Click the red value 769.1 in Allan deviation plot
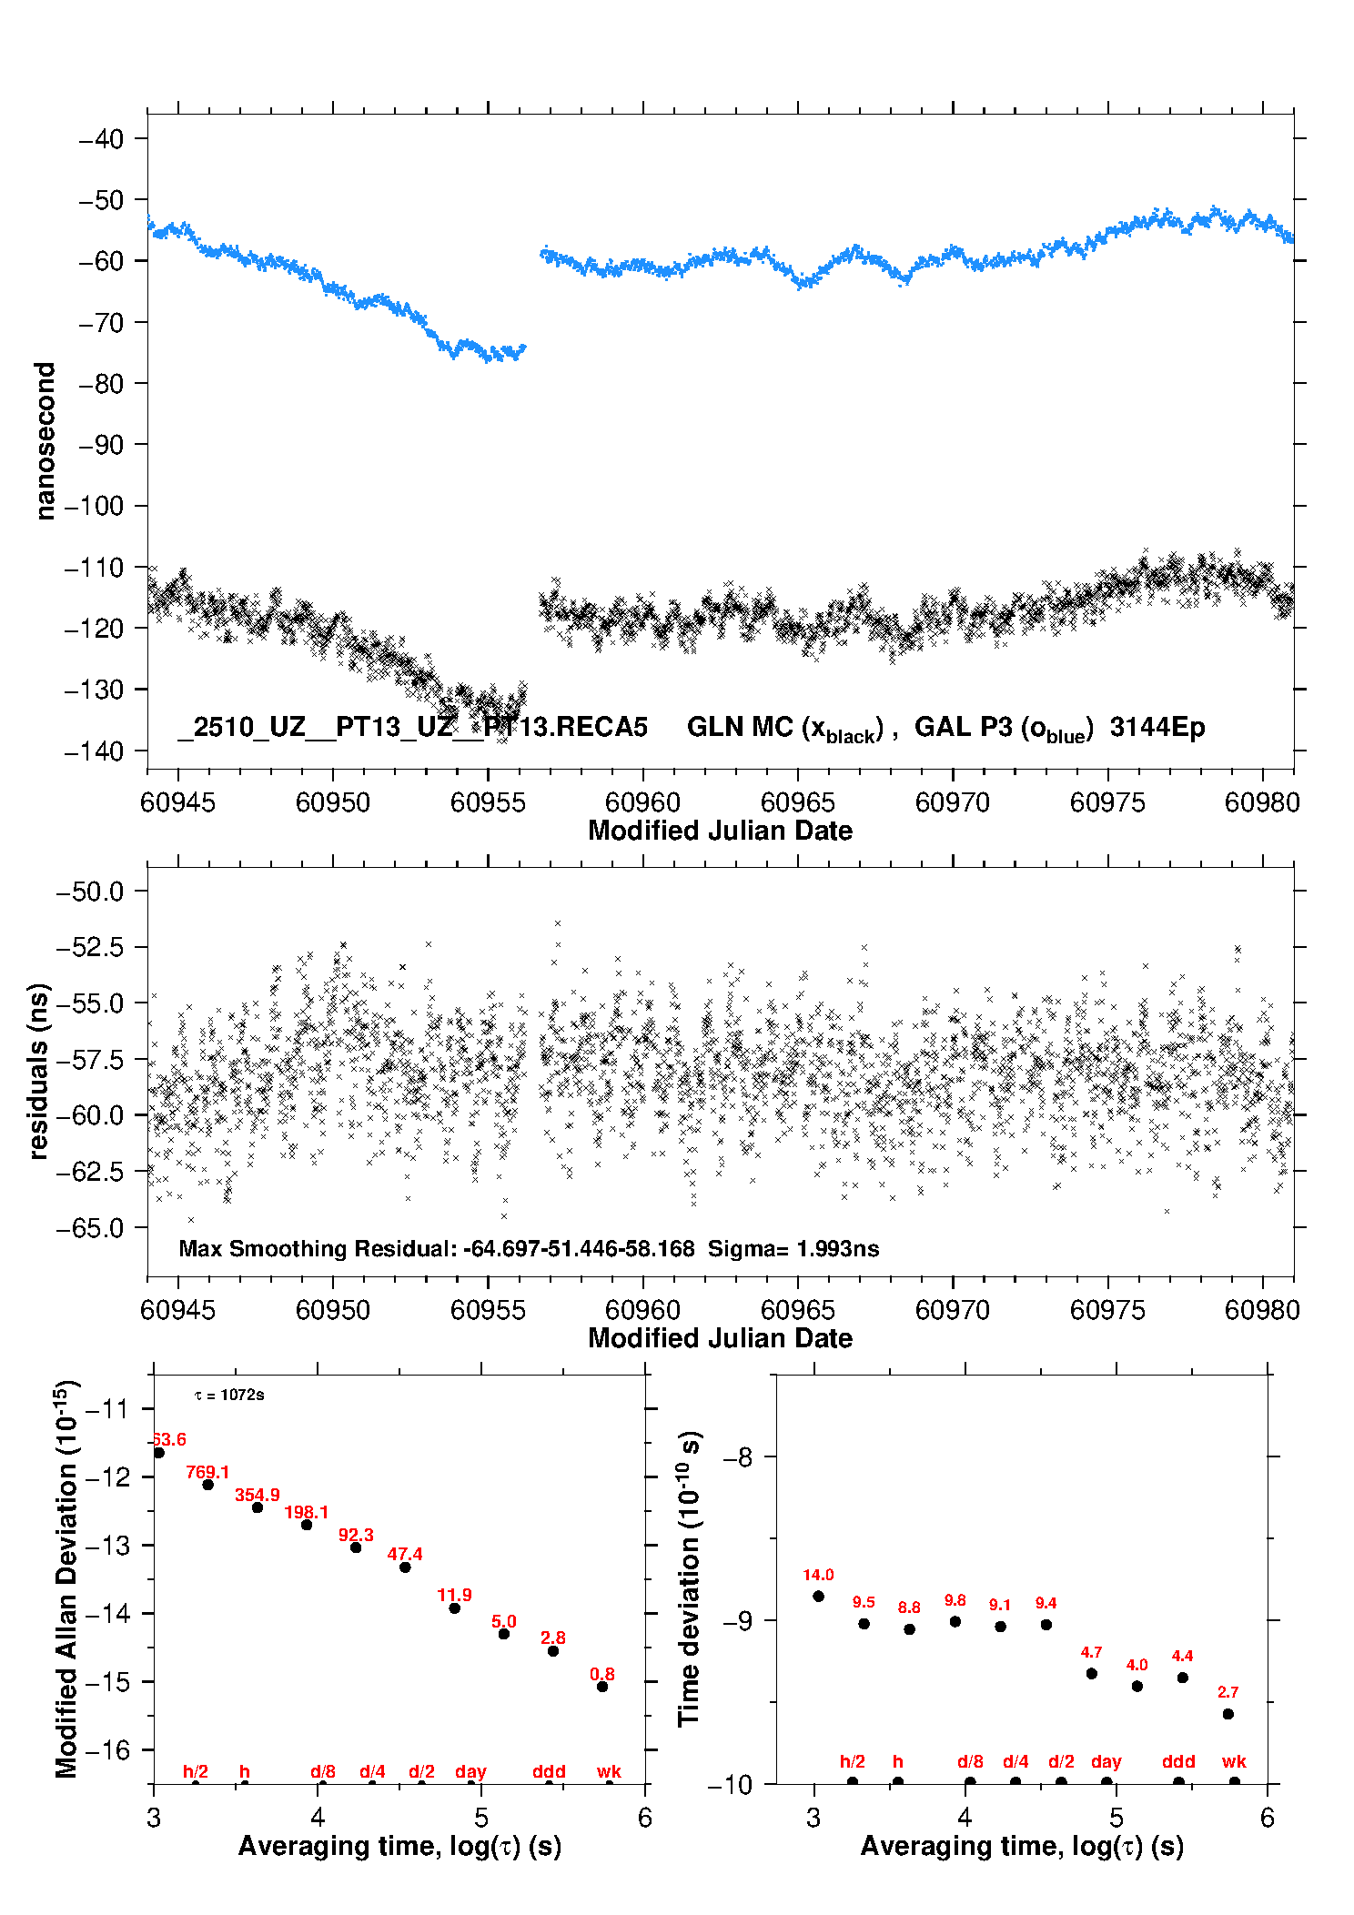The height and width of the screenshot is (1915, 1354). tap(207, 1472)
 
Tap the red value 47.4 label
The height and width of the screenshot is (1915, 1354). tap(405, 1554)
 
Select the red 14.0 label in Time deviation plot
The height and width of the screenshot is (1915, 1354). tap(818, 1575)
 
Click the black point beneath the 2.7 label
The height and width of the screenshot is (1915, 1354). tap(1228, 1714)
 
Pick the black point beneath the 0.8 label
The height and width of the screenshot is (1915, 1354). tap(602, 1687)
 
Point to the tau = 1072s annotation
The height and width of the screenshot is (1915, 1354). tap(229, 1396)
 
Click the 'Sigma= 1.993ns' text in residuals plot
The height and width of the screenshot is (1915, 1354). tap(793, 1249)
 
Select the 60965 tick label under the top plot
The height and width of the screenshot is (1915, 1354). tap(798, 802)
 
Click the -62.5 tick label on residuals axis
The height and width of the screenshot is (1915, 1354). tap(89, 1172)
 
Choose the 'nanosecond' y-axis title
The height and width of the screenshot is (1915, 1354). tap(45, 441)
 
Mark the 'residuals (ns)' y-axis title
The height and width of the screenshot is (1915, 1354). tap(38, 1071)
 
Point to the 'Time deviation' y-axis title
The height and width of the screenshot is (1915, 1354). tap(689, 1578)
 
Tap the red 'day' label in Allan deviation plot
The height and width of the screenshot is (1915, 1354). tap(470, 1771)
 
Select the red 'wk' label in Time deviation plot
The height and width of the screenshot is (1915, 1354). tap(1234, 1761)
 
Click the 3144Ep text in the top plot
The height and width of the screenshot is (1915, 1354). tap(1157, 727)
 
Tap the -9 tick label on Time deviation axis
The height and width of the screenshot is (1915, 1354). tap(738, 1621)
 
